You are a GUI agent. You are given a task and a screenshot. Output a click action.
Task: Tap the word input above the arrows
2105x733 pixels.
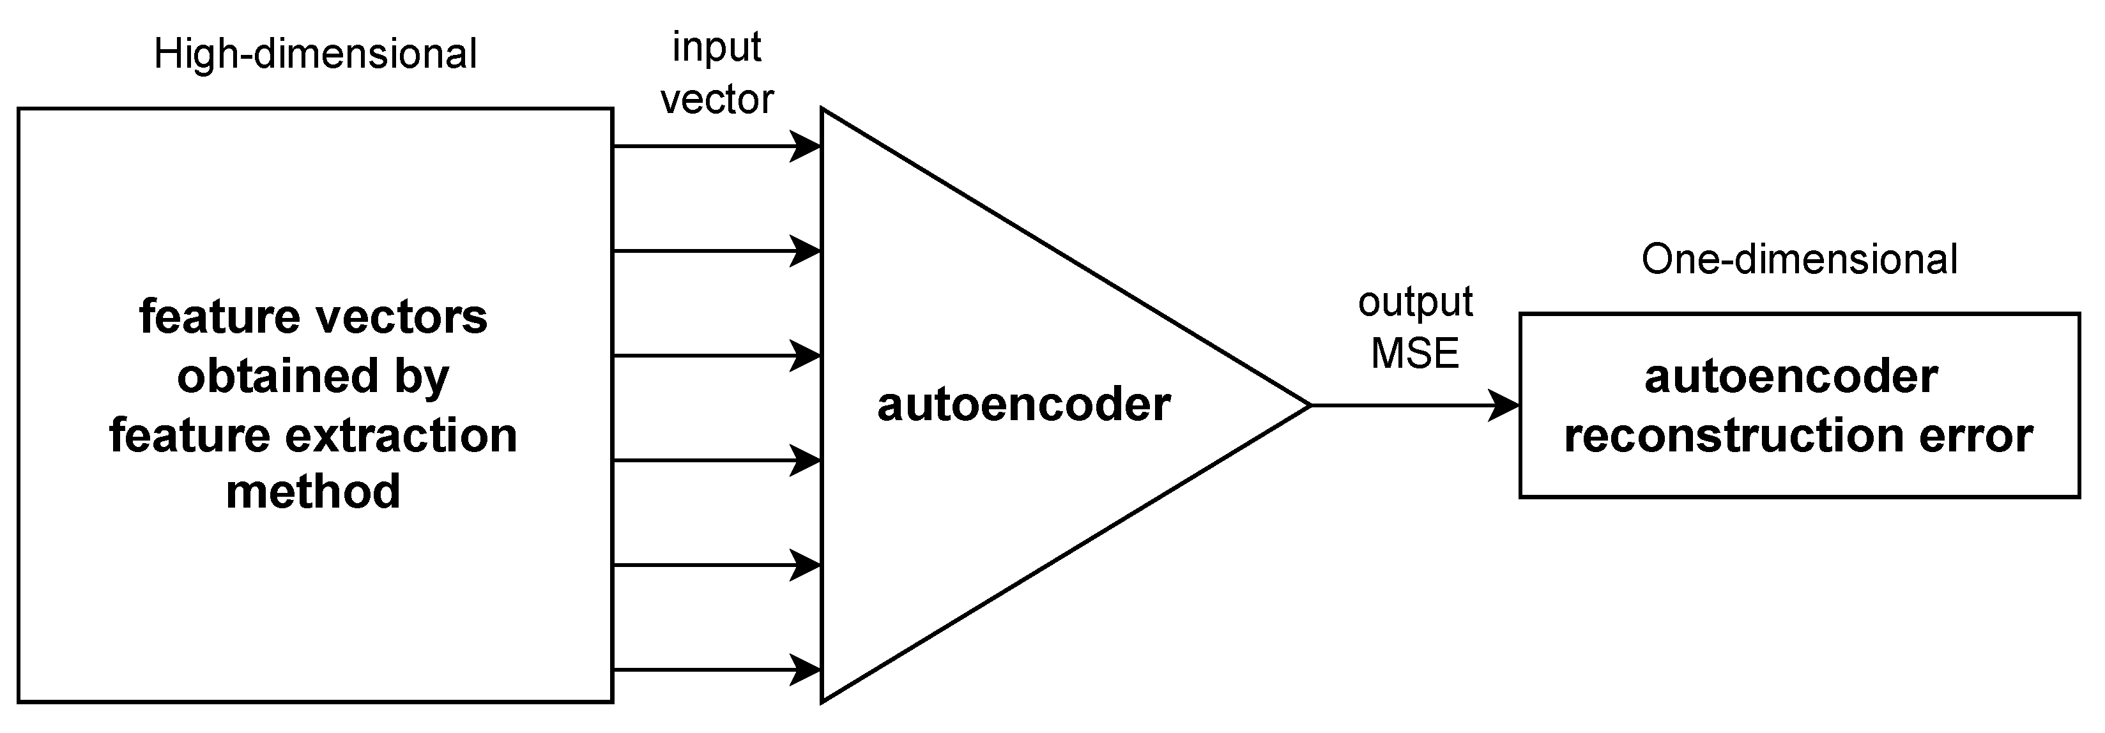tap(716, 47)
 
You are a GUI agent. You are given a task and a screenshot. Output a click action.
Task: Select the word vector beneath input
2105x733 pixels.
tap(716, 100)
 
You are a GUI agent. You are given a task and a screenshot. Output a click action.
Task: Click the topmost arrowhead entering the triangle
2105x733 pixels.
tap(806, 147)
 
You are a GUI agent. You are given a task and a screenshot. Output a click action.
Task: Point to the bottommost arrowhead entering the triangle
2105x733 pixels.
tap(806, 670)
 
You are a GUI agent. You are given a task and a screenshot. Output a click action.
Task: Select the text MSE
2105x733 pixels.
tap(1414, 353)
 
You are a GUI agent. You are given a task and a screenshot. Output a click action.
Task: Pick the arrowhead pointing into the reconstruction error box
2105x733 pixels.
tap(1504, 405)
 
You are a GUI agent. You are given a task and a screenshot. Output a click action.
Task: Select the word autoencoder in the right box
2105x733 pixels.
tap(1791, 377)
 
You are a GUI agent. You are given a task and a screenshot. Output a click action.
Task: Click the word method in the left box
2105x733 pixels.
tap(313, 491)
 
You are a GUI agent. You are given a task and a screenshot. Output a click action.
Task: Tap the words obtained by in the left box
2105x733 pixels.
tap(313, 377)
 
